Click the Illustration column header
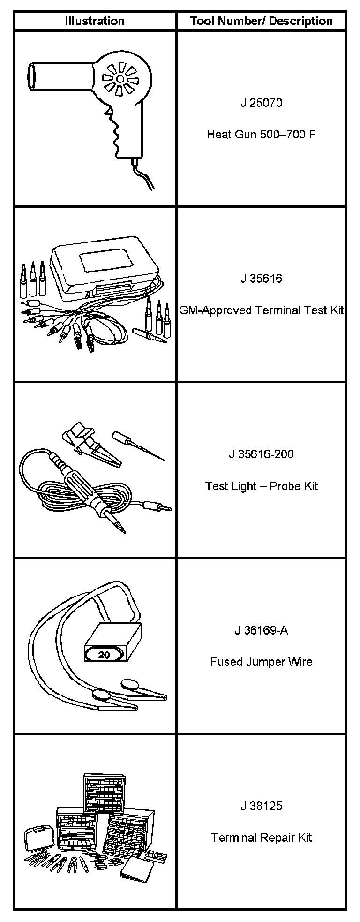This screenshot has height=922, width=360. point(95,21)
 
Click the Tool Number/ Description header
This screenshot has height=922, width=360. point(261,21)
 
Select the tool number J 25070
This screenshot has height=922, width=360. point(261,103)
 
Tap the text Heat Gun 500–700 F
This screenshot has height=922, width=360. point(261,135)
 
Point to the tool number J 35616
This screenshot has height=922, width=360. point(261,279)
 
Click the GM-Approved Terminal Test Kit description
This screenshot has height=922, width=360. point(262,310)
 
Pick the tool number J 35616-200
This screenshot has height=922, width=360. point(261,454)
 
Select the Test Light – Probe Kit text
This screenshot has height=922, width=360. point(261,486)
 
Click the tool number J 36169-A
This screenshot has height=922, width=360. point(261,630)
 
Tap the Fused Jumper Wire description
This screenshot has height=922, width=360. point(261,662)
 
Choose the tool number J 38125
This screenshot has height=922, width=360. point(261,806)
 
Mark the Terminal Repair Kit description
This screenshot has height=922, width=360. point(261,838)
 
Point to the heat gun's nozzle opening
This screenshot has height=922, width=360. point(31,77)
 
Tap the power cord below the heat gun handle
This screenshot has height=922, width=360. point(143,174)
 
